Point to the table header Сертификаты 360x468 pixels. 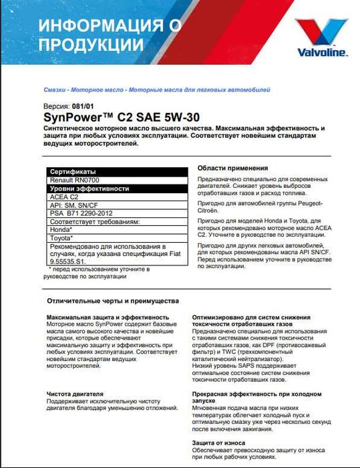click(73, 172)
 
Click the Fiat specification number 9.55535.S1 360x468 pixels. click(73, 262)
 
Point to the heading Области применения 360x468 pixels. click(233, 168)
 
